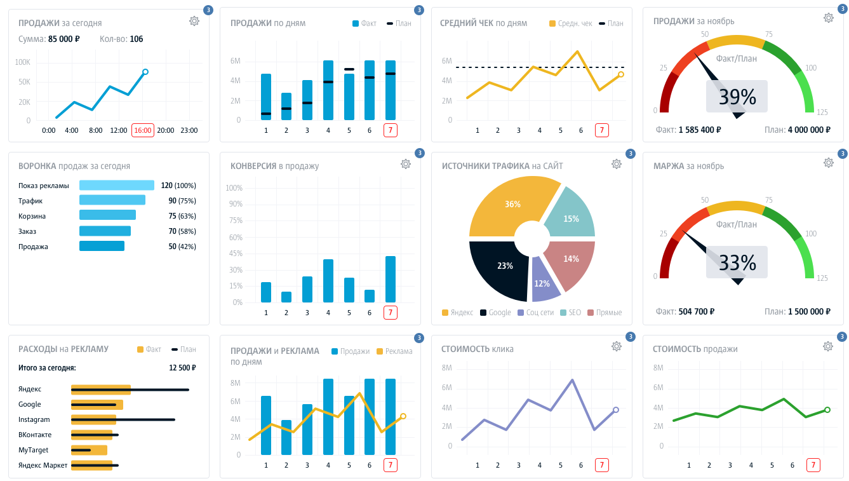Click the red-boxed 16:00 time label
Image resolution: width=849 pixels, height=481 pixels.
click(x=143, y=130)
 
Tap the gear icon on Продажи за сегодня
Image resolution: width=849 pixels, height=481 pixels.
click(x=194, y=21)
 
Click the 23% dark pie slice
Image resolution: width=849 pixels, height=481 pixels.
click(x=502, y=267)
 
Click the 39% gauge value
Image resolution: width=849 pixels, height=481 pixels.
click(x=737, y=97)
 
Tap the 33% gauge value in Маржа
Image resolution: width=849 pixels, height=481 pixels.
click(x=737, y=262)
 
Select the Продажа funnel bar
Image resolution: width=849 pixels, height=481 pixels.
click(x=102, y=247)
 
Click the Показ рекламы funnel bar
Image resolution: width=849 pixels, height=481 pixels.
click(x=117, y=186)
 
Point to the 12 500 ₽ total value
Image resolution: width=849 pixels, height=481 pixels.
click(x=182, y=367)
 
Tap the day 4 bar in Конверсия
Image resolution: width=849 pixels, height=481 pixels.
click(x=328, y=281)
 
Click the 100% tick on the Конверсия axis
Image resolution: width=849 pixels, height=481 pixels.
click(x=234, y=188)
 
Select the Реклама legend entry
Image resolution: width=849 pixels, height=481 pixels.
click(x=394, y=351)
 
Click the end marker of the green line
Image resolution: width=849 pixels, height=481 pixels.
click(x=827, y=410)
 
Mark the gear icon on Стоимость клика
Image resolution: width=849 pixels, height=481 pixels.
click(x=616, y=346)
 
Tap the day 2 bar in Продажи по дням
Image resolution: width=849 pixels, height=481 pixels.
click(x=286, y=107)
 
